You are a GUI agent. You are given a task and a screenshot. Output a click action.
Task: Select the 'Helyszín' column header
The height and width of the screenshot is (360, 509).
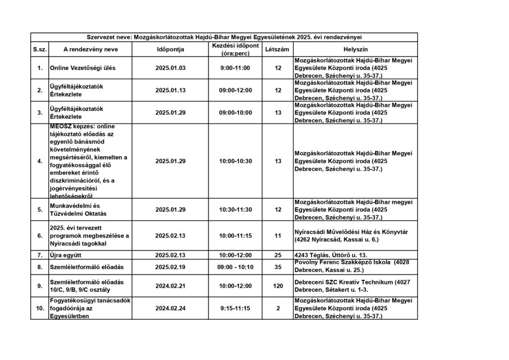(x=355, y=49)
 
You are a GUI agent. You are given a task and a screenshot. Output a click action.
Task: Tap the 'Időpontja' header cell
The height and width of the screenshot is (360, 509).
(x=170, y=49)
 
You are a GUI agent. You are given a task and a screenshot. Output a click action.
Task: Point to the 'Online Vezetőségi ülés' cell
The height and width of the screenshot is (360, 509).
(x=82, y=68)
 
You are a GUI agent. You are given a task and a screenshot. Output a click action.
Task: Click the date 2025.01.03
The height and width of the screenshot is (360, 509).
(x=170, y=68)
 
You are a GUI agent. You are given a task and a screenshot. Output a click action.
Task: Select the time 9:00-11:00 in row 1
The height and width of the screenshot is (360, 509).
(x=235, y=68)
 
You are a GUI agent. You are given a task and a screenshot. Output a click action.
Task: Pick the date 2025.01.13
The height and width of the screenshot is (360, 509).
(x=170, y=90)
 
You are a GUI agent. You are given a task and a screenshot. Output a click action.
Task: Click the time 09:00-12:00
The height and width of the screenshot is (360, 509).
(x=235, y=90)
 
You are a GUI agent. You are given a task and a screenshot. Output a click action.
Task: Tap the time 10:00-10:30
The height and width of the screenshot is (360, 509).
(x=235, y=161)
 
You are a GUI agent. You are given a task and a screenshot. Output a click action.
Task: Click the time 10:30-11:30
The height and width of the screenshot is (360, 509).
(x=235, y=210)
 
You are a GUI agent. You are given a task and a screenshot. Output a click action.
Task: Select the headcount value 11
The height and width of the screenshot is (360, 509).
(x=278, y=235)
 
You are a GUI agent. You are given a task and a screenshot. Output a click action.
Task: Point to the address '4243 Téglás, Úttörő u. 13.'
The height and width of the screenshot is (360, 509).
(x=331, y=255)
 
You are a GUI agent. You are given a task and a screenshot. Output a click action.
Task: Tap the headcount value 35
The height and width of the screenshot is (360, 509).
(x=278, y=267)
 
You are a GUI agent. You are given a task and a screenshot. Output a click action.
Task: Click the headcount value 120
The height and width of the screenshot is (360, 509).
(x=278, y=286)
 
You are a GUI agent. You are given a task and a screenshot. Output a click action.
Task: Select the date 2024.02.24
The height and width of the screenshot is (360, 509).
(x=170, y=308)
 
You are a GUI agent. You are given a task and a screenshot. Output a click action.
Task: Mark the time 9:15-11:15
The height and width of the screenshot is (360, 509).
(x=235, y=308)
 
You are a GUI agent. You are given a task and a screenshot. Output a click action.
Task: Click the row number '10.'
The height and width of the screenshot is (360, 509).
(x=40, y=308)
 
